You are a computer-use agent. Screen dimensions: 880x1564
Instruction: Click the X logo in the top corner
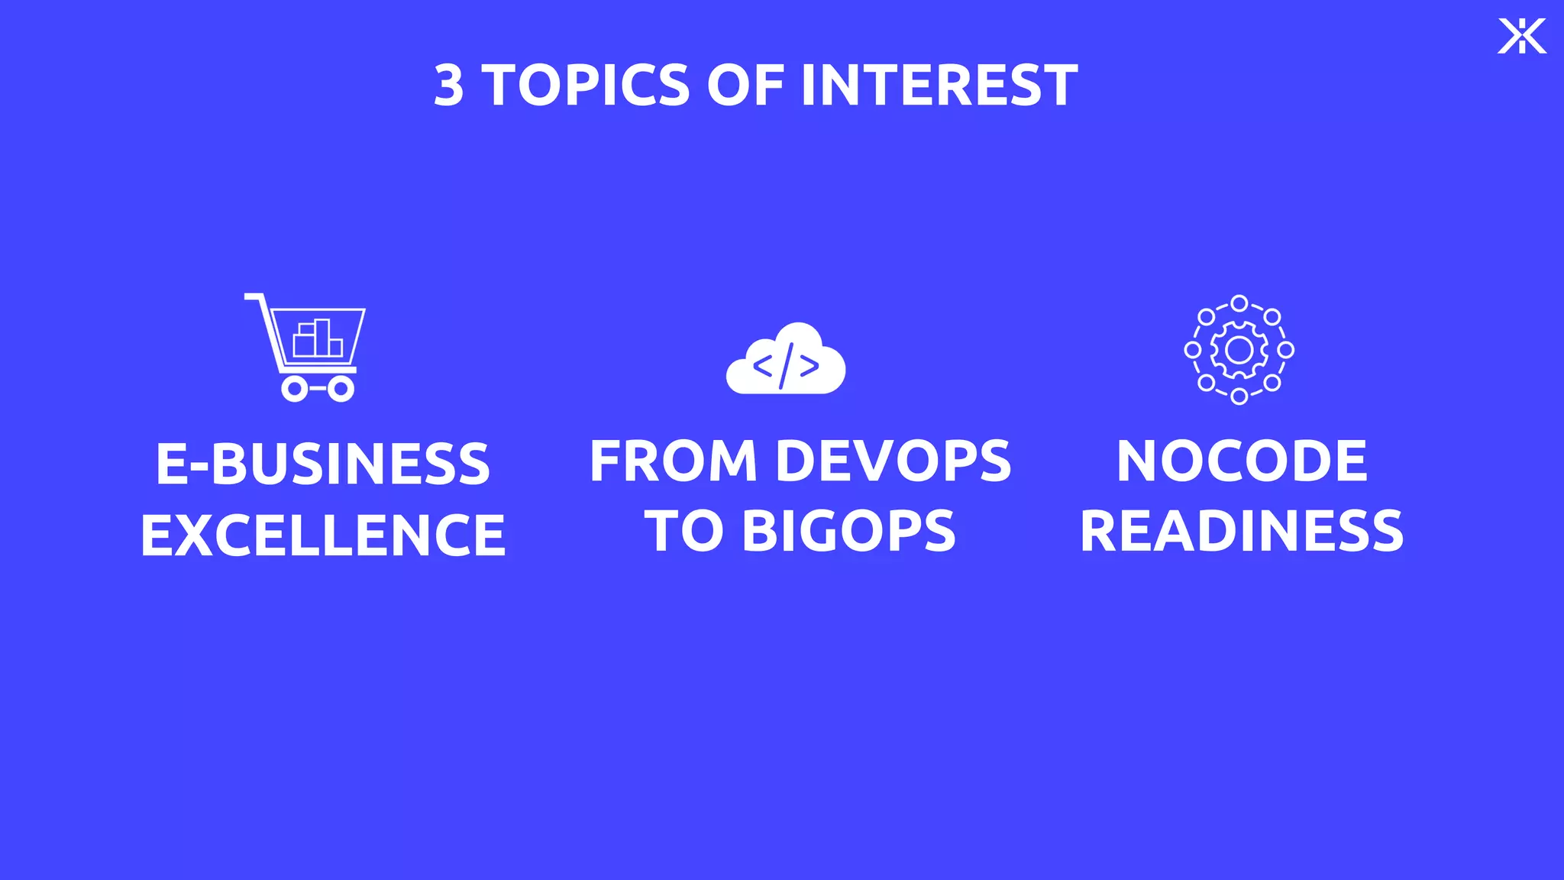pos(1521,36)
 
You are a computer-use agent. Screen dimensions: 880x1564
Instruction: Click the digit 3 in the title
pos(449,86)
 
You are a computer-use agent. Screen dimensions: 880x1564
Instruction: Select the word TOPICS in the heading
pos(586,86)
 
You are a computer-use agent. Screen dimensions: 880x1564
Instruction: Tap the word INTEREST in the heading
pos(939,86)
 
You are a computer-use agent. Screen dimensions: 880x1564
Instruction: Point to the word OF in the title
pos(745,86)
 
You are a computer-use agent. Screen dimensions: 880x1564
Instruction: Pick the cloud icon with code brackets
pos(786,360)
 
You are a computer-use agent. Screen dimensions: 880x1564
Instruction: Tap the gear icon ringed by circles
pos(1239,350)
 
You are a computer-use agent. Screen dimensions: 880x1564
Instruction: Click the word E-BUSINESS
pos(322,464)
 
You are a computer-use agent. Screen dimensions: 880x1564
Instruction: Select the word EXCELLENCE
pos(322,535)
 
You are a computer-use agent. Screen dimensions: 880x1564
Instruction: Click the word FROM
pos(673,461)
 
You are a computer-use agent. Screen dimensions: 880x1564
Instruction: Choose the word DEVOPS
pos(893,461)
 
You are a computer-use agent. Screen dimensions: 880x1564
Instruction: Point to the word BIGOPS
pos(848,531)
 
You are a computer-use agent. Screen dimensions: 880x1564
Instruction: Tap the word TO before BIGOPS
pos(683,531)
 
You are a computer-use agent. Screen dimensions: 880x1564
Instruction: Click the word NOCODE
pos(1242,461)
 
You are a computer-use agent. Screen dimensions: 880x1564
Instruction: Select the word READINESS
pos(1242,531)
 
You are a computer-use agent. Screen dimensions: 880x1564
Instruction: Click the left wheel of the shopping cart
pos(294,389)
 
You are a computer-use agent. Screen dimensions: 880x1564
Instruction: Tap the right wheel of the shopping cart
pos(341,389)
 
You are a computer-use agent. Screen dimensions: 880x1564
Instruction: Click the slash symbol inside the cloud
pos(786,366)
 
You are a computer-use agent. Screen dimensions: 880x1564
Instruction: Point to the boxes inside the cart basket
pos(318,339)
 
